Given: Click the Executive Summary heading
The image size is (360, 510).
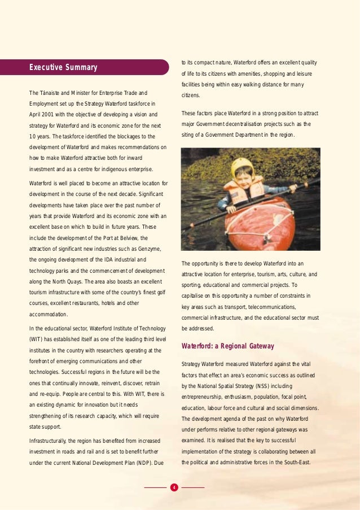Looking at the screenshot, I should (63, 68).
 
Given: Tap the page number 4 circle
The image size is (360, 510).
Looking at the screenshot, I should (174, 487).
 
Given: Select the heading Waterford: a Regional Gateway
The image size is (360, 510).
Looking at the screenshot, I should (227, 346).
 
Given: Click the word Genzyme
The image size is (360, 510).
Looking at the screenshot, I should (148, 249).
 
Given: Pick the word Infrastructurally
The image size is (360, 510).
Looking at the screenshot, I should (53, 441).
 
